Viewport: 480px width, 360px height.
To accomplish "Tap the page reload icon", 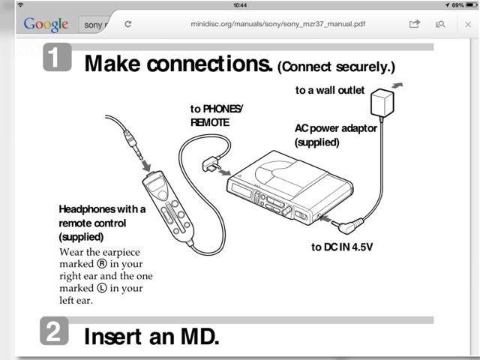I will [x=128, y=24].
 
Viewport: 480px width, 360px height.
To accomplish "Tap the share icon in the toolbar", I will [x=415, y=24].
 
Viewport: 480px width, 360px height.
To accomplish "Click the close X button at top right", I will [x=468, y=24].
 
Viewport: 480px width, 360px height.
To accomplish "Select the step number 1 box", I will [x=58, y=59].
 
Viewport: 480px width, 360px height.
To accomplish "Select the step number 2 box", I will [x=54, y=331].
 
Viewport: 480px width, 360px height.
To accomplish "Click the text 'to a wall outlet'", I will [x=329, y=91].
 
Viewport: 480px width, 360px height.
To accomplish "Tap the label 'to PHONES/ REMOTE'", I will [x=217, y=115].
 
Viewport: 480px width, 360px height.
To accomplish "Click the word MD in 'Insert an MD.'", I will [x=196, y=335].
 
